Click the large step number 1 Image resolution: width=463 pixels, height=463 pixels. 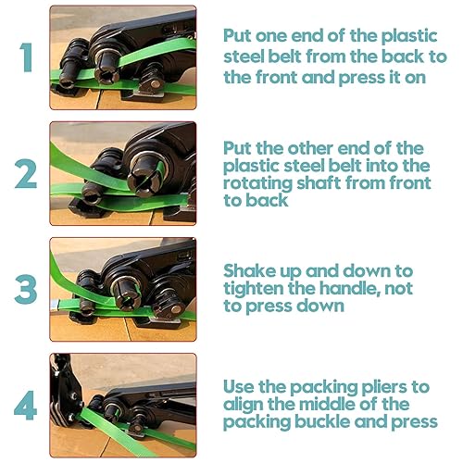[27, 57]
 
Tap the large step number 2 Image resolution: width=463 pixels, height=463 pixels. [26, 173]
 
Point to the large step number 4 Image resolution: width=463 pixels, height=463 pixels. [26, 406]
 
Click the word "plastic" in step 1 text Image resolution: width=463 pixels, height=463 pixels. [409, 37]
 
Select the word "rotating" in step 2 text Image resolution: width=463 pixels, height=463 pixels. [257, 184]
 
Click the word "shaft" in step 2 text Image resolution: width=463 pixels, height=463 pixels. [319, 182]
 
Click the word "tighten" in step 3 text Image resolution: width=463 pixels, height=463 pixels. [253, 289]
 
